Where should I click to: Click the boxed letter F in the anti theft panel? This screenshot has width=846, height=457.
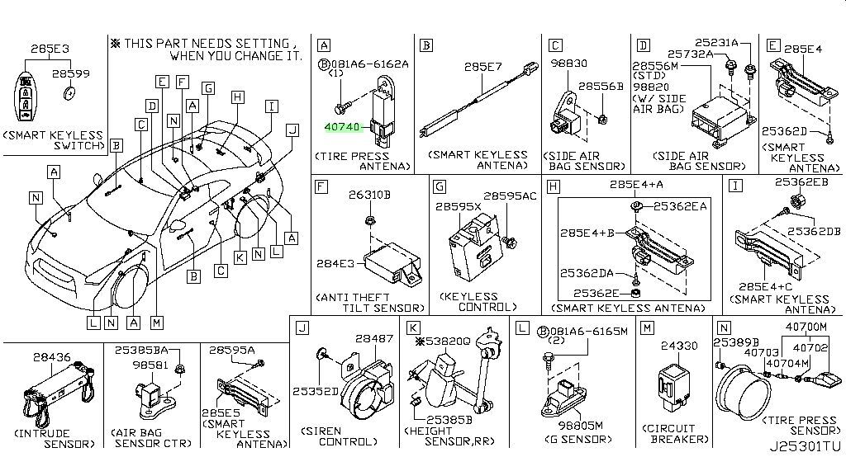[323, 188]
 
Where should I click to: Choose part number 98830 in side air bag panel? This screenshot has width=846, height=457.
[569, 63]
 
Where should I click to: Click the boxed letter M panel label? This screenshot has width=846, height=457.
[647, 328]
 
